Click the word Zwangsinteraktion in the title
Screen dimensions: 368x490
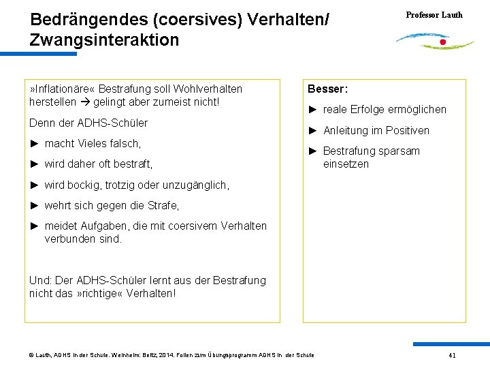coord(105,40)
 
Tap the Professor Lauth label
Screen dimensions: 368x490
coord(434,15)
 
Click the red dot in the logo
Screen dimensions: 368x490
coord(443,42)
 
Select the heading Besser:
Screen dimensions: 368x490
coord(328,89)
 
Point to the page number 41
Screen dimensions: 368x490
coord(452,356)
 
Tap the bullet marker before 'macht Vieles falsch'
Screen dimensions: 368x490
coord(34,143)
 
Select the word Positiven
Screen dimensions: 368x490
coord(406,130)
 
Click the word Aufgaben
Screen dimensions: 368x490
coord(103,226)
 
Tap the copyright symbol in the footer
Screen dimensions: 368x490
coord(31,355)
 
